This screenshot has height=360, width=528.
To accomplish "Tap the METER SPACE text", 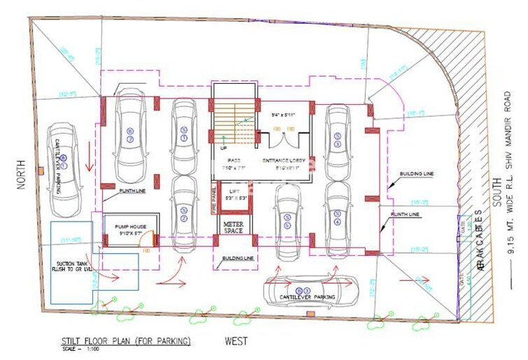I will (x=232, y=226).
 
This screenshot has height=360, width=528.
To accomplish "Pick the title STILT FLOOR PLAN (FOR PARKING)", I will (x=125, y=341).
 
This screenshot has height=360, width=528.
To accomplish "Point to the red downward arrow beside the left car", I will (x=89, y=162).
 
